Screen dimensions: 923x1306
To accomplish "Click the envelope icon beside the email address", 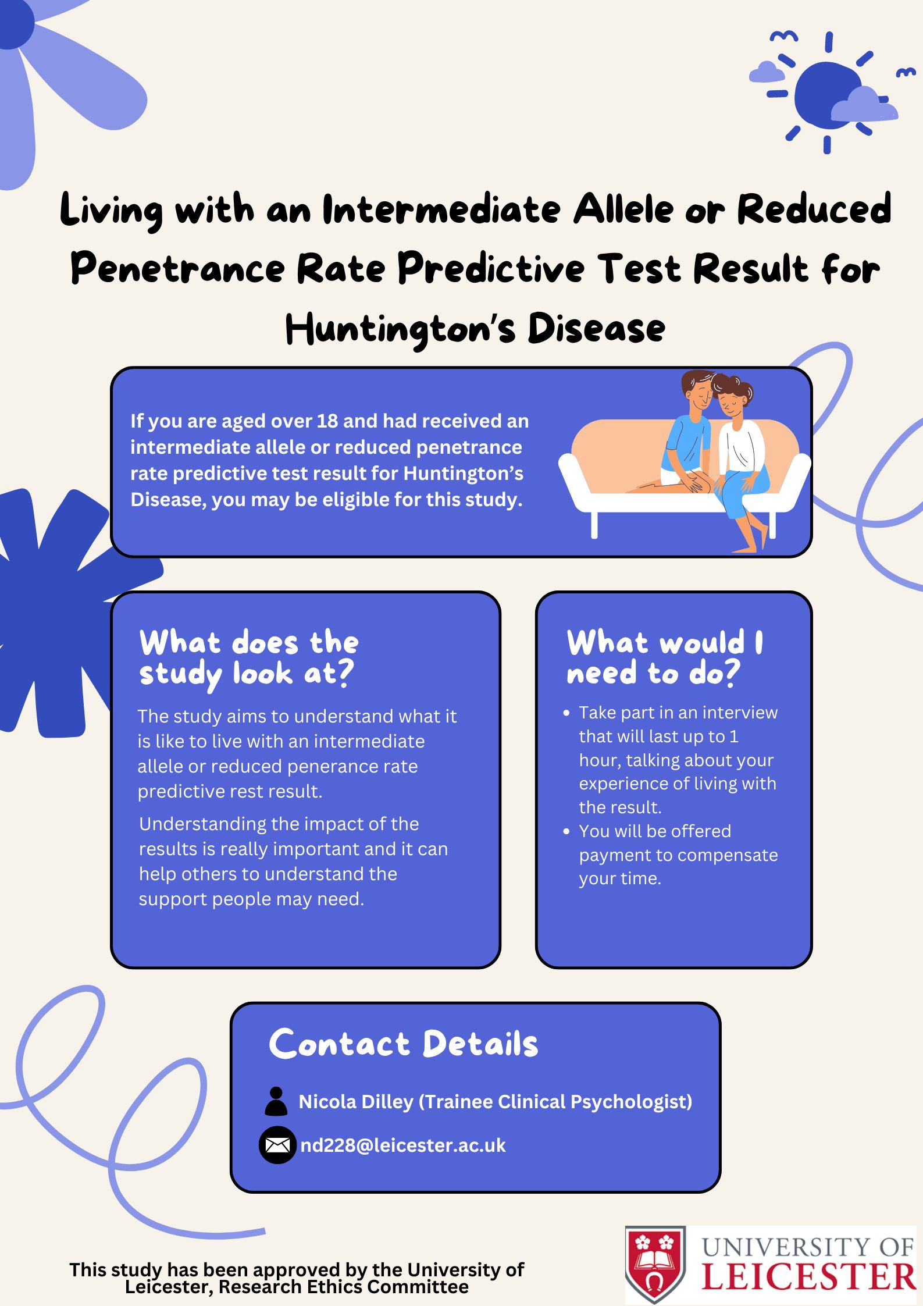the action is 277,1145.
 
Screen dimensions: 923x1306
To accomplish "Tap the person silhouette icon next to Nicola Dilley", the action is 276,1101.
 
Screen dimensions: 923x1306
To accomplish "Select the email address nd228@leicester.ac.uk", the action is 402,1145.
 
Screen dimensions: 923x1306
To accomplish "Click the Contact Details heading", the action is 403,1043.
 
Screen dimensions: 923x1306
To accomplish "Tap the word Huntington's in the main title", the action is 400,329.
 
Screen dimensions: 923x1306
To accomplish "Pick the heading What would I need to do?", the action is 665,657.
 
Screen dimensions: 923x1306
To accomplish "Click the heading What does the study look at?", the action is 249,658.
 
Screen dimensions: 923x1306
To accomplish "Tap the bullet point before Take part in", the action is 566,713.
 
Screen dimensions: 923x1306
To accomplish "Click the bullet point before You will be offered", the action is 566,832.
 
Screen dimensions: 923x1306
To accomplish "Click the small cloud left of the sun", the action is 767,72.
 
